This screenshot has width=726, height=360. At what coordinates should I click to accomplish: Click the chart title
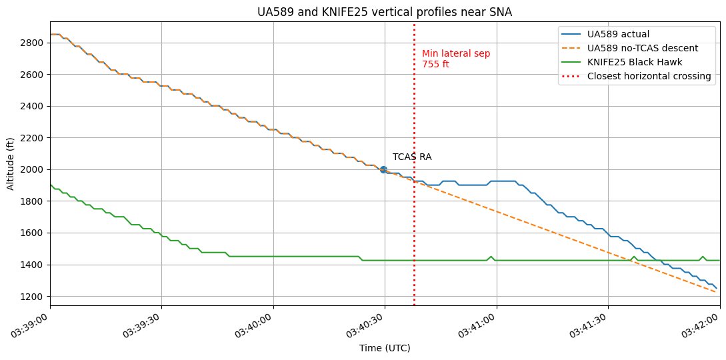click(385, 11)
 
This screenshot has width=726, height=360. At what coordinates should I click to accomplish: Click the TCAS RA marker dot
click(384, 169)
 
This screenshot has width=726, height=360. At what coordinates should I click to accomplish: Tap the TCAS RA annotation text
click(411, 157)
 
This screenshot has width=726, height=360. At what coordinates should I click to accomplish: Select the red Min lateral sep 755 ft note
click(447, 59)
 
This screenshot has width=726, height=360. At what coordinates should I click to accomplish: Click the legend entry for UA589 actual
click(618, 34)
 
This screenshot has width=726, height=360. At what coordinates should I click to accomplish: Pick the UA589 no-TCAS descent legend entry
click(642, 48)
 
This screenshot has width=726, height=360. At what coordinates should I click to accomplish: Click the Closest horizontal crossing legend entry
click(649, 76)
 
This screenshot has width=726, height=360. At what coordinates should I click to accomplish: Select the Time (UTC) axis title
click(385, 348)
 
